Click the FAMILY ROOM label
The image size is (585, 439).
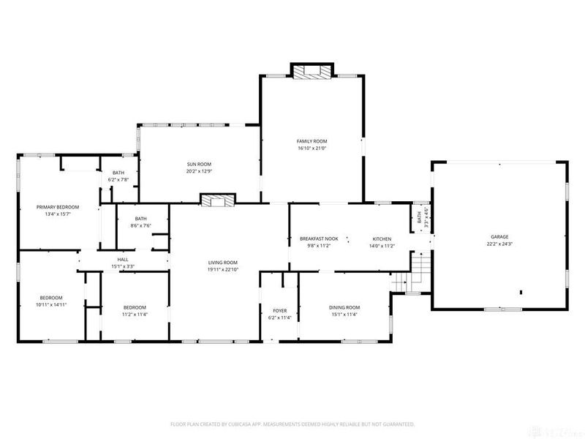[x=312, y=141]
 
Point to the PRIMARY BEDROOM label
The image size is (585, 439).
[x=58, y=207]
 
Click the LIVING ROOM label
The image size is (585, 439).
[x=223, y=263]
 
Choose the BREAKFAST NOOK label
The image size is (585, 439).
[x=319, y=239]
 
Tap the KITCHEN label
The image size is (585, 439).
[x=382, y=239]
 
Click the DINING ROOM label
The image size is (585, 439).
[x=344, y=307]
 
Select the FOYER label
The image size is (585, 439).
[x=280, y=311]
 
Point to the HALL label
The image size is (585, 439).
[x=123, y=260]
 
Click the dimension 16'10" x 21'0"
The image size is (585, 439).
[x=312, y=149]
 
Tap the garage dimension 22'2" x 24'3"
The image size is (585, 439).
[x=499, y=244]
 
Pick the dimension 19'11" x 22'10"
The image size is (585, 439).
[x=223, y=269]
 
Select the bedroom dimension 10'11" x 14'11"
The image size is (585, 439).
[x=51, y=304]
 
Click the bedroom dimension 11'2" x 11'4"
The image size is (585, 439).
[x=135, y=314]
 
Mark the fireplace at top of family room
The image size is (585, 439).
[x=313, y=71]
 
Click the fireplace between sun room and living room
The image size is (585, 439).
[x=219, y=199]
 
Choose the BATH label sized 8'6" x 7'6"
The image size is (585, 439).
[x=140, y=219]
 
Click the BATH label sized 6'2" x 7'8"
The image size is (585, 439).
[x=118, y=173]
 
